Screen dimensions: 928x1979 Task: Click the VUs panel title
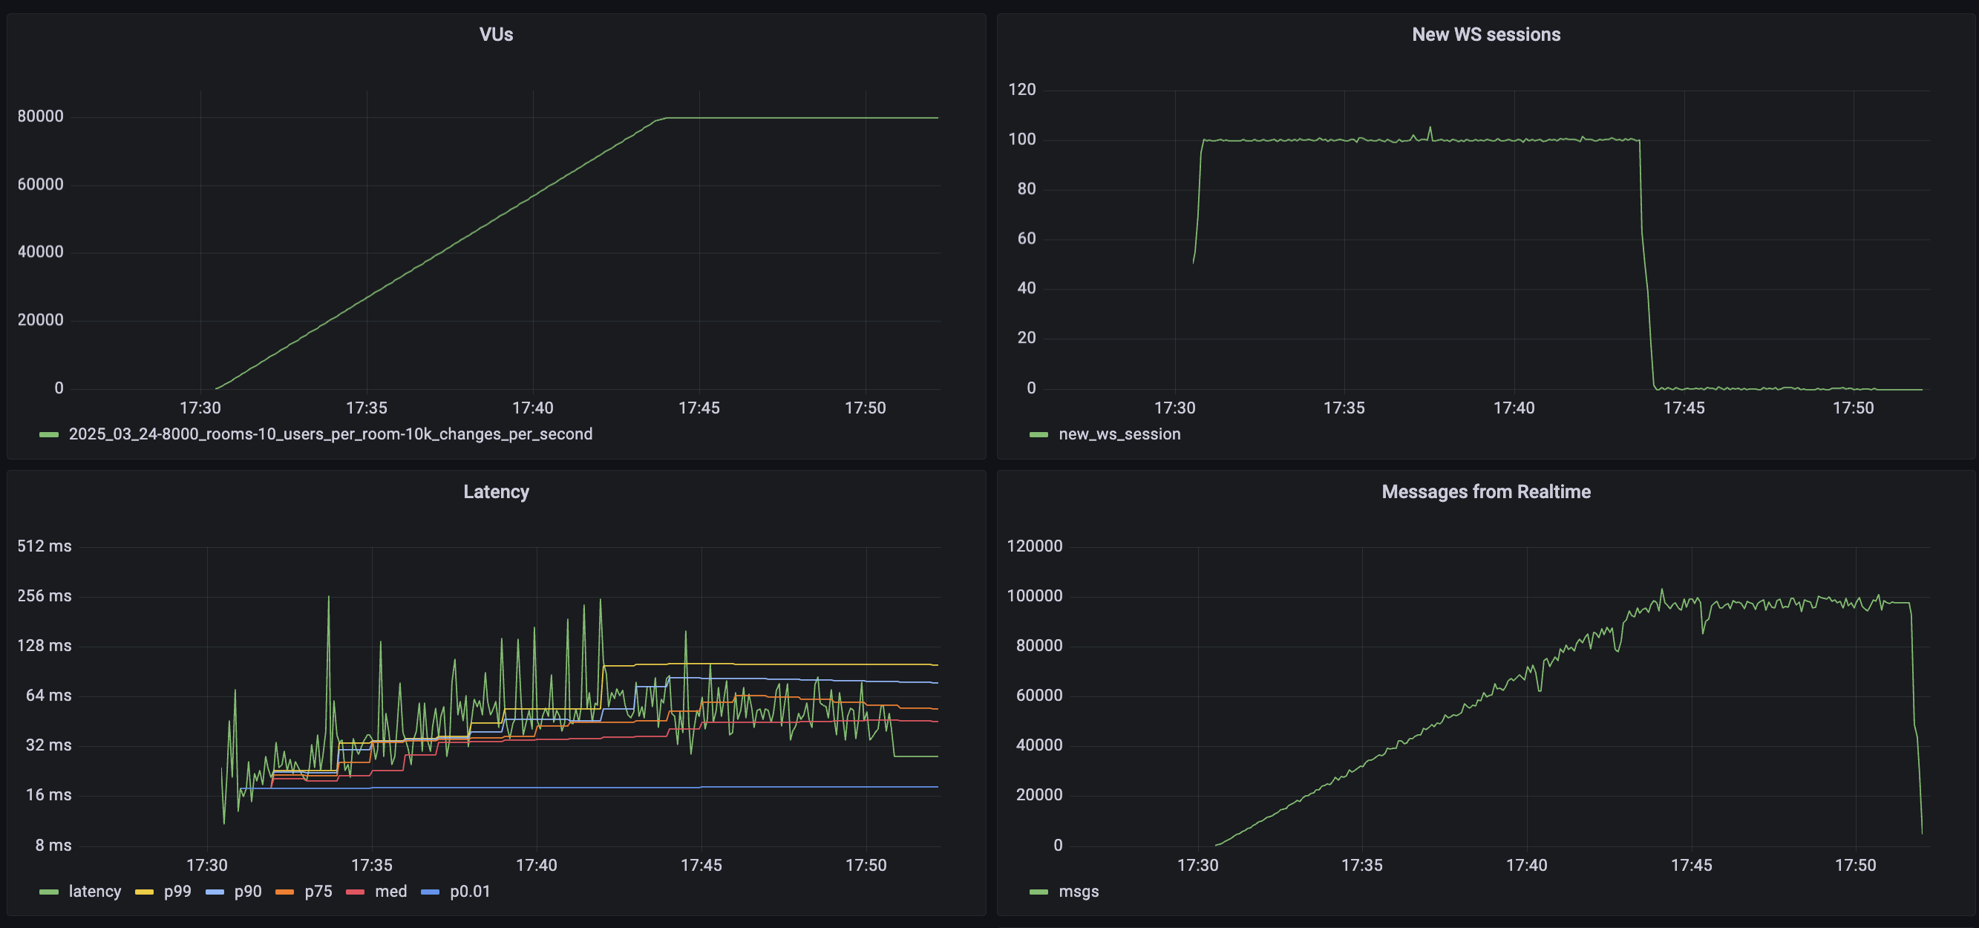[496, 35]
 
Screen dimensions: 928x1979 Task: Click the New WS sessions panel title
[1485, 35]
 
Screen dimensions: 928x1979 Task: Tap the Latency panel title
[496, 491]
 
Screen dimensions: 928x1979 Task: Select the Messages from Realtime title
[1485, 491]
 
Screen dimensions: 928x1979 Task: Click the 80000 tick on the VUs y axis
[40, 117]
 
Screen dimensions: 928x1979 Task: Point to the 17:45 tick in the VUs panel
[699, 408]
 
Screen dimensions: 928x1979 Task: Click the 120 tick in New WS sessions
[1021, 90]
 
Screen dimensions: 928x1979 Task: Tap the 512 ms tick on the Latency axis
[44, 546]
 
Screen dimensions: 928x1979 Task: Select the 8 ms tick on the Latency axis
[53, 845]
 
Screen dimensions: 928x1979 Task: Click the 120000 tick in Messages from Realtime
[1034, 546]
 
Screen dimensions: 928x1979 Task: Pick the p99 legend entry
[177, 891]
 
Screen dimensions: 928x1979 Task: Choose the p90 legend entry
[247, 891]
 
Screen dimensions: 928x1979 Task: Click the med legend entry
[390, 891]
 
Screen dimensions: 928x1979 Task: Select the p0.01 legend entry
[469, 891]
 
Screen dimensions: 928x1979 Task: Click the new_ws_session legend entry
[1119, 434]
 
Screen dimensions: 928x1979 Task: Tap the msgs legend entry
[1078, 891]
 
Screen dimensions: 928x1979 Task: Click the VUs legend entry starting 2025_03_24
[330, 434]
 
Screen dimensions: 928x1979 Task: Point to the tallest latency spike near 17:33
[329, 598]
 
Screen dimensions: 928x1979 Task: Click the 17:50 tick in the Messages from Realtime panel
[1854, 865]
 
